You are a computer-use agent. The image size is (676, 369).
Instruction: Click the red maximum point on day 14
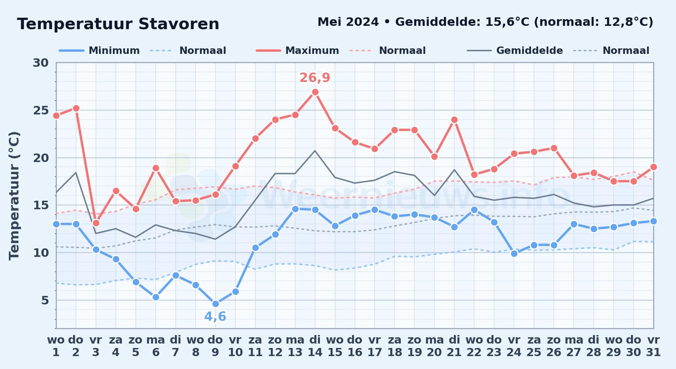[315, 92]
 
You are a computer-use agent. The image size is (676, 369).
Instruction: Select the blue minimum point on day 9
[215, 304]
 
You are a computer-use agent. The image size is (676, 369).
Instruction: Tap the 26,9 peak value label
[315, 78]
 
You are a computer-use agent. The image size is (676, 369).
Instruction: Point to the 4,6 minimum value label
[215, 317]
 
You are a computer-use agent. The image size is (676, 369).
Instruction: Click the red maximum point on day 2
[76, 108]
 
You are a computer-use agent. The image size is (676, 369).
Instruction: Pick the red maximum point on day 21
[454, 120]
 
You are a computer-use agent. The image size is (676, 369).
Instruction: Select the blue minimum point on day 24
[514, 254]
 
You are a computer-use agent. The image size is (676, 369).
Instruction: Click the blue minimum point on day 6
[156, 297]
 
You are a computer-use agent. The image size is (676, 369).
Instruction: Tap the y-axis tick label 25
[41, 110]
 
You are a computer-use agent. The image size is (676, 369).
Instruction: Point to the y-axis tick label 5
[45, 300]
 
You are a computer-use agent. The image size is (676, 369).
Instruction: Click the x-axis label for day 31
[653, 346]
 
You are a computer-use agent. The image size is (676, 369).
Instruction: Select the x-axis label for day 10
[235, 346]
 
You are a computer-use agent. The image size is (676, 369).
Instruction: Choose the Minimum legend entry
[100, 51]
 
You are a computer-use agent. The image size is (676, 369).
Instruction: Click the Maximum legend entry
[297, 51]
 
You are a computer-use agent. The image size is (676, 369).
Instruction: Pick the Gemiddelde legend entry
[515, 51]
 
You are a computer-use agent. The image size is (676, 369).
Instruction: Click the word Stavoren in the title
[179, 24]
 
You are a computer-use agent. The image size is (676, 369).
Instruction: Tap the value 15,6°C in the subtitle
[508, 22]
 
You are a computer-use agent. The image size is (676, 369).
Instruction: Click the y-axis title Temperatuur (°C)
[14, 196]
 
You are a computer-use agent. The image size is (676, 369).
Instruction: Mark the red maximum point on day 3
[96, 223]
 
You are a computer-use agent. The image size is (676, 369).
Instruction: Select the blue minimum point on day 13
[295, 209]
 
